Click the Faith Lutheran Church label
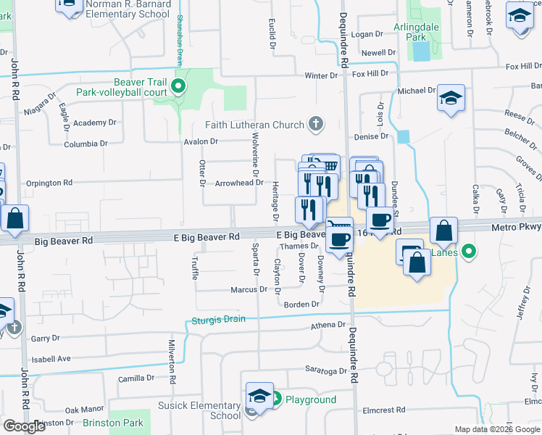coord(254,125)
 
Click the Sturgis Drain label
coord(218,320)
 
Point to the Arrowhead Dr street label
coord(238,183)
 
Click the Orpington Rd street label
coord(49,183)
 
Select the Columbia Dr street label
coord(86,144)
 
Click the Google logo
coord(25,426)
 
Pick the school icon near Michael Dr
coord(451,99)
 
